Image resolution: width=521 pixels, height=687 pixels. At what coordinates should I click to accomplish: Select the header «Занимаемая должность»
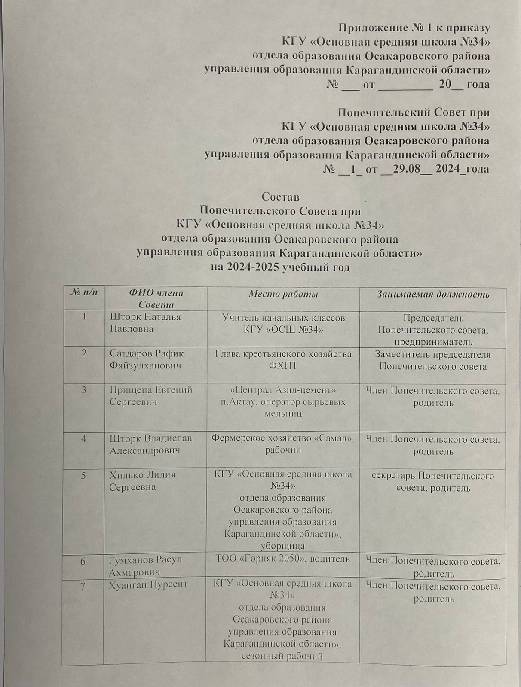pos(433,295)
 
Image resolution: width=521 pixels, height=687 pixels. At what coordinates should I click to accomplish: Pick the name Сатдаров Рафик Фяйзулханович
pos(146,359)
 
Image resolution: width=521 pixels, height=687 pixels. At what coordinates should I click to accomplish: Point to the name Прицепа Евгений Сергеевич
pos(150,396)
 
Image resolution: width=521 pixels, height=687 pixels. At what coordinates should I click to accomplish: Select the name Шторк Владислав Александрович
pos(150,444)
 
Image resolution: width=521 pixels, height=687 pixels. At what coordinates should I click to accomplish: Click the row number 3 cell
pos(84,390)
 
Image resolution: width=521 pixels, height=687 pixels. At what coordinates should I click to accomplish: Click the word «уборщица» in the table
pos(282,546)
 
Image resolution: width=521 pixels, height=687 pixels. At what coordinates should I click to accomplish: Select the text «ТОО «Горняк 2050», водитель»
pos(282,559)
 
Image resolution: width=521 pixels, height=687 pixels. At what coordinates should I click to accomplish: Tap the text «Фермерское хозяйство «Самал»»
pos(282,439)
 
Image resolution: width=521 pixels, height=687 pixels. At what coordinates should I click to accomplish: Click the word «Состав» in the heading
pos(280,197)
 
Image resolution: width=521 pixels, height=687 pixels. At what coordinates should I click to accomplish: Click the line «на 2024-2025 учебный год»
pos(280,267)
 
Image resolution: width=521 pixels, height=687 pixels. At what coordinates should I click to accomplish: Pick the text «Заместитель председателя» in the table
pos(432,355)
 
